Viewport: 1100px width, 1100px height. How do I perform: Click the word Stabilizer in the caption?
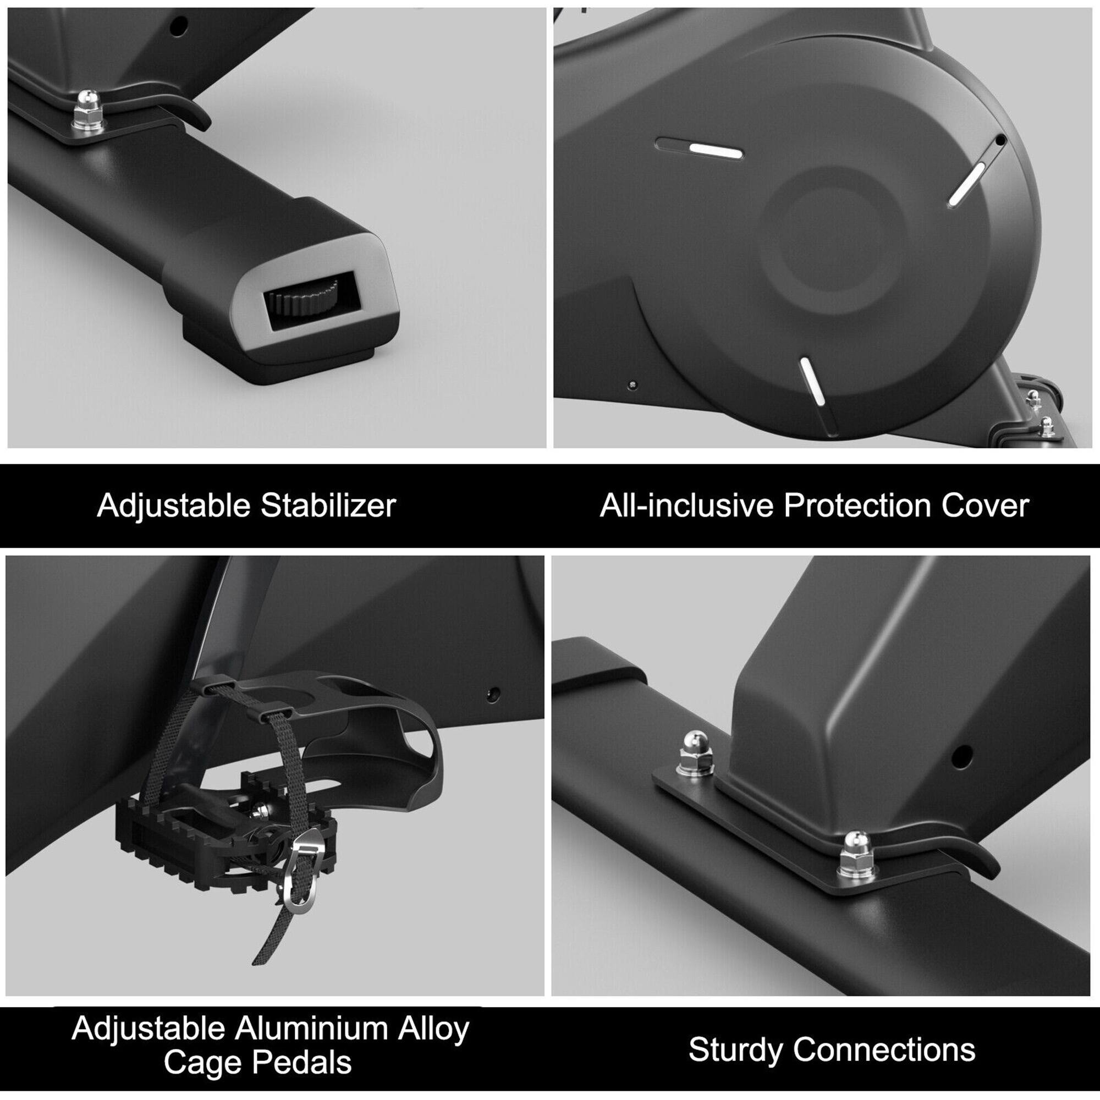(328, 505)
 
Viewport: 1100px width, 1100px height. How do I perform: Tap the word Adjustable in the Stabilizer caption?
(174, 505)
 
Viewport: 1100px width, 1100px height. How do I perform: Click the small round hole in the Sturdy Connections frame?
(961, 757)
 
